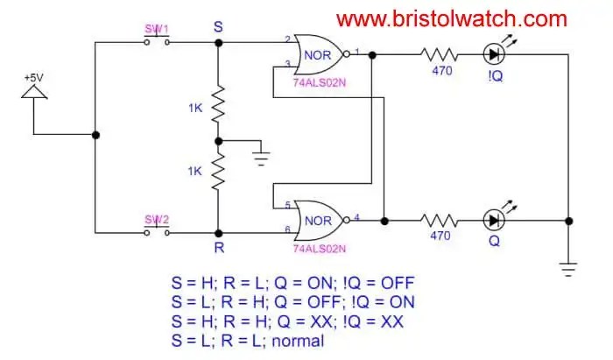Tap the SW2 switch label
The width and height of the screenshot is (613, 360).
tap(156, 219)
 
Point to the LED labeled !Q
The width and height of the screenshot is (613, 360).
tap(496, 54)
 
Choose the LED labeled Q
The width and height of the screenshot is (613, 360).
tap(496, 218)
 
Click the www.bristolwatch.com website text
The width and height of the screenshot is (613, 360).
tap(452, 18)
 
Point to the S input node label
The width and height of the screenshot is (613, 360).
tap(218, 27)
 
